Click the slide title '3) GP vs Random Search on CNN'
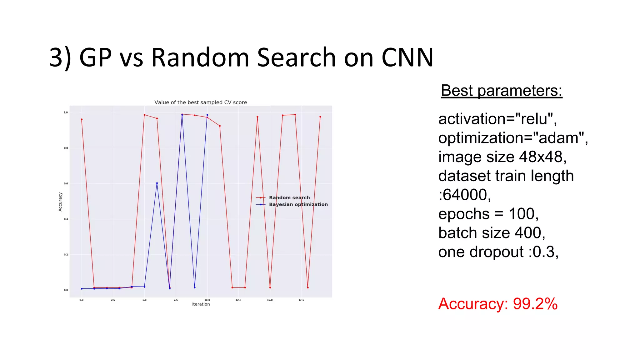tap(241, 57)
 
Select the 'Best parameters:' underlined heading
tap(501, 91)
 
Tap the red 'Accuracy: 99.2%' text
tap(497, 304)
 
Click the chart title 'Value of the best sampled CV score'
tap(201, 102)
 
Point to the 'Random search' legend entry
tap(289, 197)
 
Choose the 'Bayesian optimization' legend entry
tap(298, 204)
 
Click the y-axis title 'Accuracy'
tap(60, 202)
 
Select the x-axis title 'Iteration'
tap(201, 304)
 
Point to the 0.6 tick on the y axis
tap(66, 183)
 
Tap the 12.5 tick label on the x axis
tap(238, 300)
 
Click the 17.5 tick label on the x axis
tap(301, 300)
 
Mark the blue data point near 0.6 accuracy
tap(157, 183)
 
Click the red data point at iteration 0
tap(82, 119)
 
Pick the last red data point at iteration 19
tap(320, 117)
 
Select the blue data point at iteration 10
tap(207, 115)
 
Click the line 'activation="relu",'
tap(497, 119)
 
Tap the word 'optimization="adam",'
tap(513, 138)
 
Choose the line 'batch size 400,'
tap(492, 233)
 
